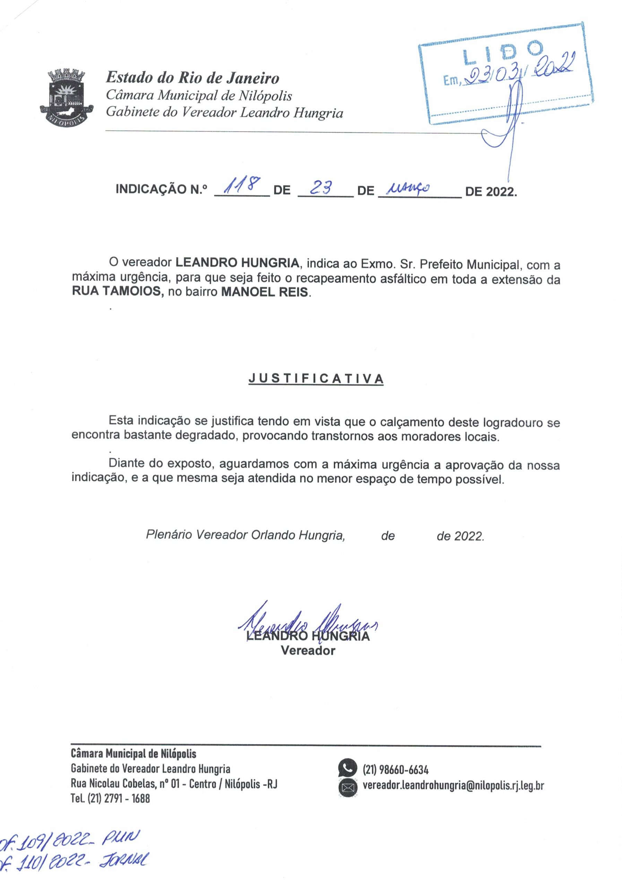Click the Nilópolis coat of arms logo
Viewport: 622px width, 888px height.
(67, 96)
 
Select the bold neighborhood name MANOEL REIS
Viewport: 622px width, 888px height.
(265, 292)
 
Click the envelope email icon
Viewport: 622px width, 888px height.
(347, 787)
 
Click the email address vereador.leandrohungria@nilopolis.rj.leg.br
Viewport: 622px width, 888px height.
(453, 785)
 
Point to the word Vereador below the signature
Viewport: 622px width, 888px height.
(308, 650)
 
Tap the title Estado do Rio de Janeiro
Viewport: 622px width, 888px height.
(192, 78)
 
